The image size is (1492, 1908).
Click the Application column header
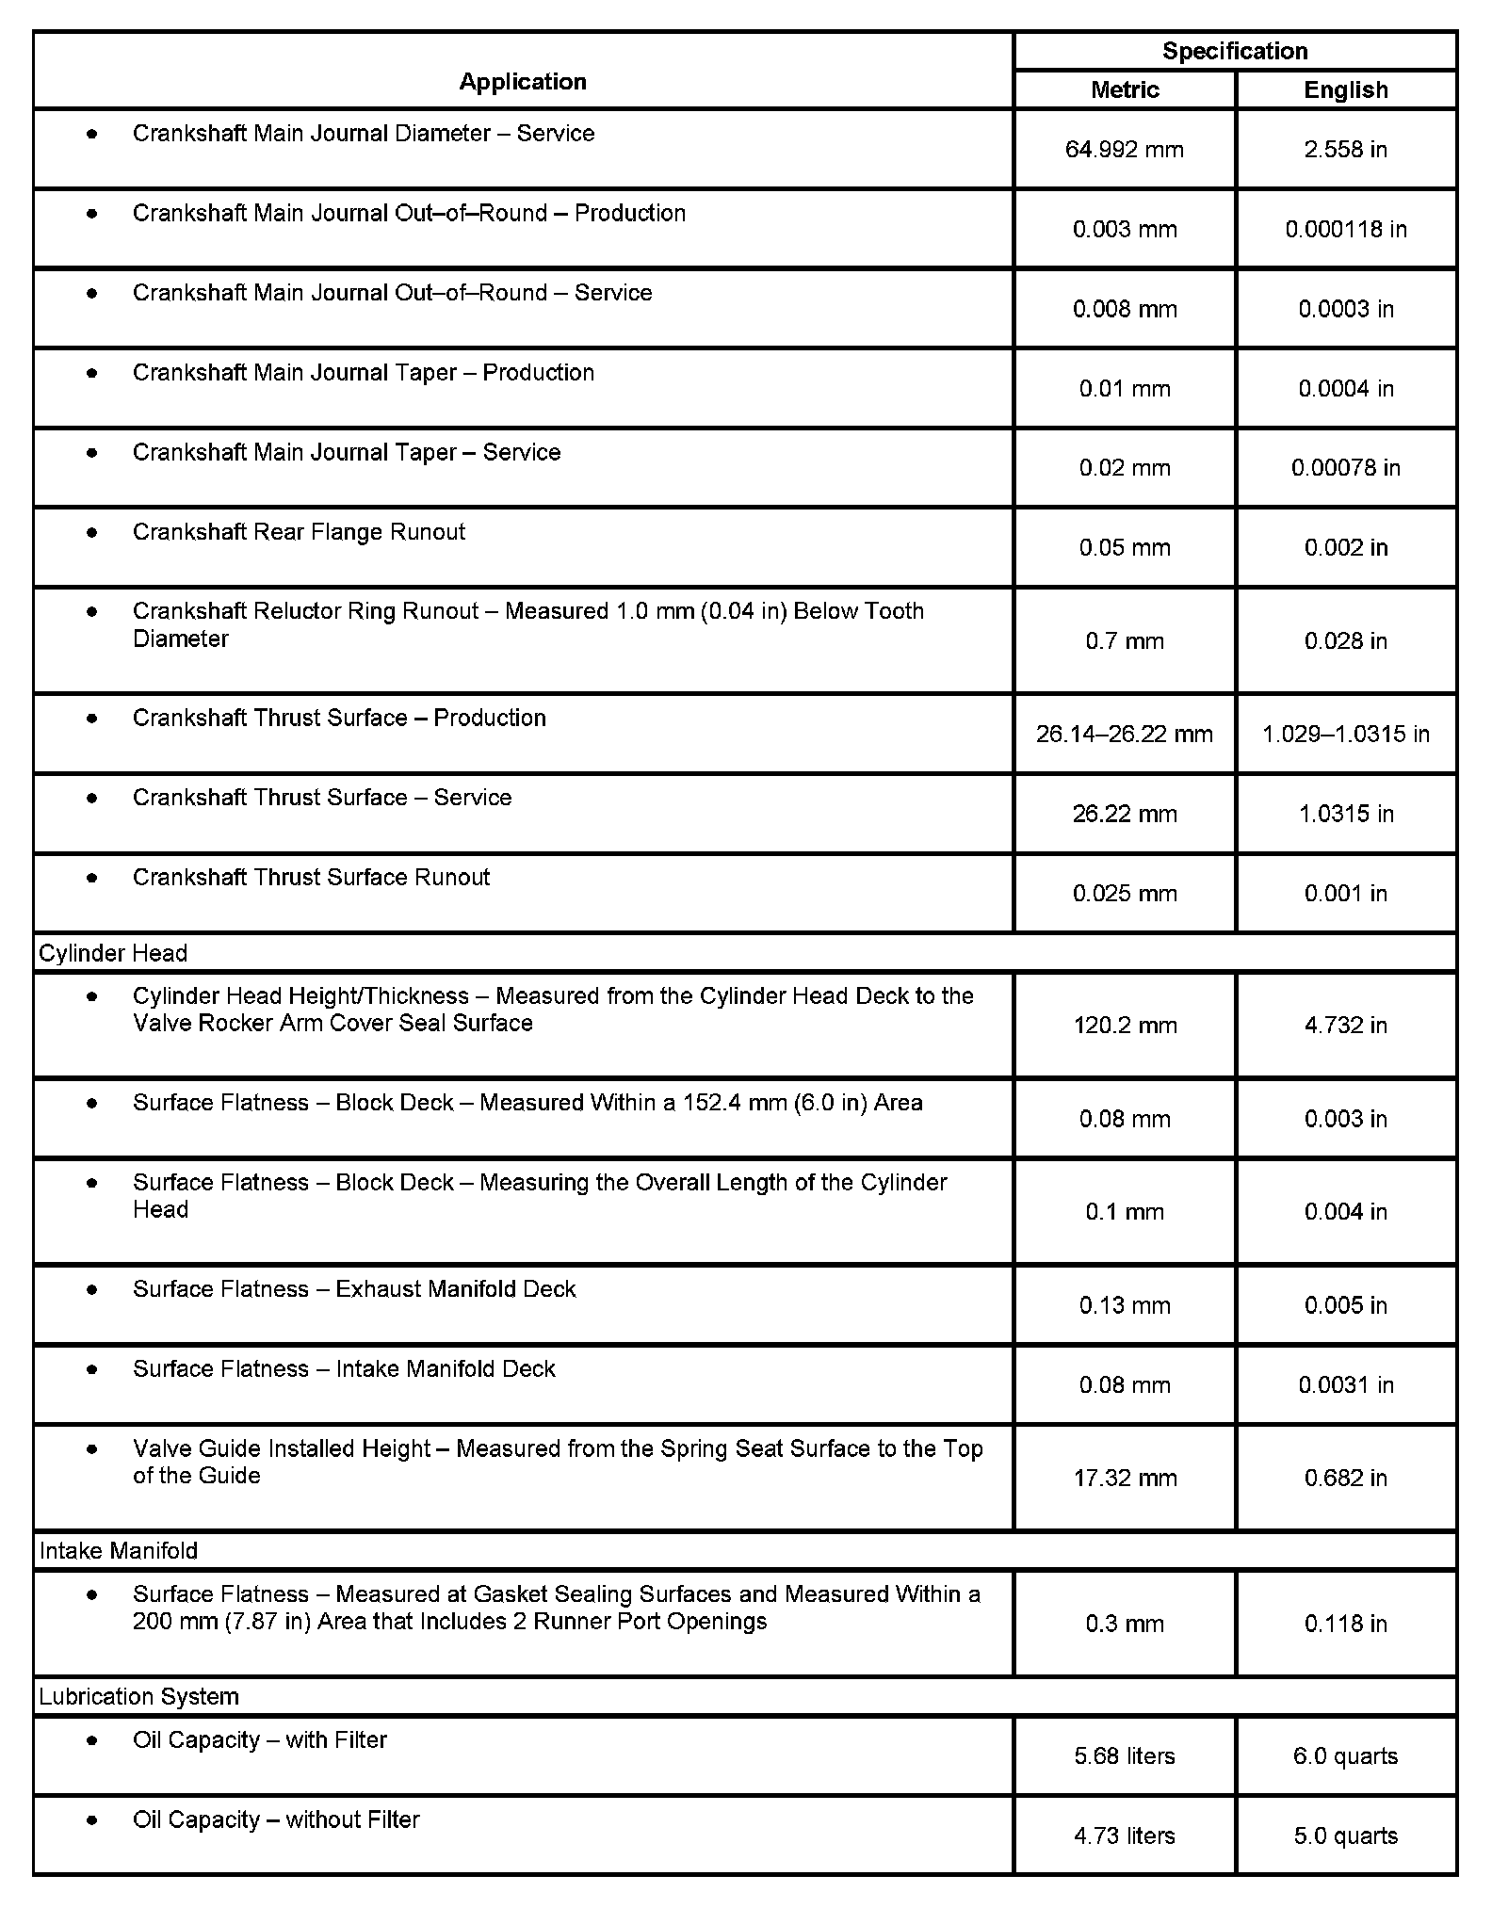(x=523, y=82)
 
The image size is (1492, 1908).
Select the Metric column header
(x=1125, y=90)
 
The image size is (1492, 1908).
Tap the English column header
(x=1346, y=90)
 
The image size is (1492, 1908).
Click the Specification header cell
(x=1235, y=51)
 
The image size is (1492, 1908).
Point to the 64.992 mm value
(x=1125, y=150)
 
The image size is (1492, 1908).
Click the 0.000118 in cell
(x=1346, y=229)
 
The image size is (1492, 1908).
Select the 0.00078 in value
(x=1346, y=468)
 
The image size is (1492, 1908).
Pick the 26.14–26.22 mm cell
(x=1125, y=734)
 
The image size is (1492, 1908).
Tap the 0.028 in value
(x=1346, y=641)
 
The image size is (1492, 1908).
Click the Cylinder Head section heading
(x=113, y=953)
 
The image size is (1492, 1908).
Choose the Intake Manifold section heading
(x=119, y=1551)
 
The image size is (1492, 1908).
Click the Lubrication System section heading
(x=139, y=1696)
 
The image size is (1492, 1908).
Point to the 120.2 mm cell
(x=1125, y=1025)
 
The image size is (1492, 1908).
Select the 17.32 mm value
(x=1125, y=1478)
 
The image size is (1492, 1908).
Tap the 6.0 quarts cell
(x=1346, y=1755)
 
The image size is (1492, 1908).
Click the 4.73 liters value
(x=1125, y=1835)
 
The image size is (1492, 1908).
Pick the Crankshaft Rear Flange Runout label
(x=299, y=532)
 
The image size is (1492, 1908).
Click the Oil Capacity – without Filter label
(x=276, y=1819)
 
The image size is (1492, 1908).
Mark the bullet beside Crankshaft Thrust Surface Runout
(x=91, y=878)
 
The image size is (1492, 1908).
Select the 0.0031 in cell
(x=1346, y=1384)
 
